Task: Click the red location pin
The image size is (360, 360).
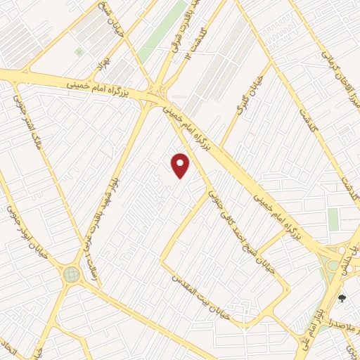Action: (181, 165)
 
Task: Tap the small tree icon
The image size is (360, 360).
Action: (342, 298)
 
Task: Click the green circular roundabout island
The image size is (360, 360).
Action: (72, 274)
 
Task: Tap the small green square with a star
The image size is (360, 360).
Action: (79, 52)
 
